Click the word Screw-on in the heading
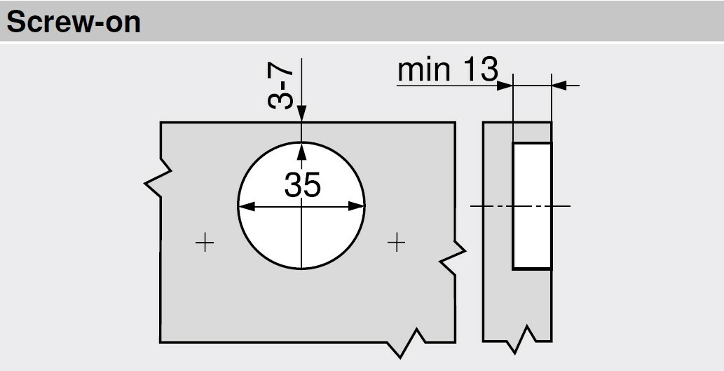click(x=74, y=22)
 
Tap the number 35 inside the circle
click(x=302, y=185)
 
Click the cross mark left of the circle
click(x=204, y=243)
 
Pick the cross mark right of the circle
click(x=397, y=243)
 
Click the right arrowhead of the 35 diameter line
click(x=359, y=206)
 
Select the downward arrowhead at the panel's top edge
click(x=301, y=114)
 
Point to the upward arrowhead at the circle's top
click(x=301, y=150)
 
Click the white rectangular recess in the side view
click(x=532, y=205)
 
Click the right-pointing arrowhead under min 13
click(x=505, y=86)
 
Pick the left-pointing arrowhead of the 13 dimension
click(x=559, y=86)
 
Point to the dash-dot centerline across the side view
click(x=491, y=205)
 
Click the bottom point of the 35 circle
click(x=301, y=269)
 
